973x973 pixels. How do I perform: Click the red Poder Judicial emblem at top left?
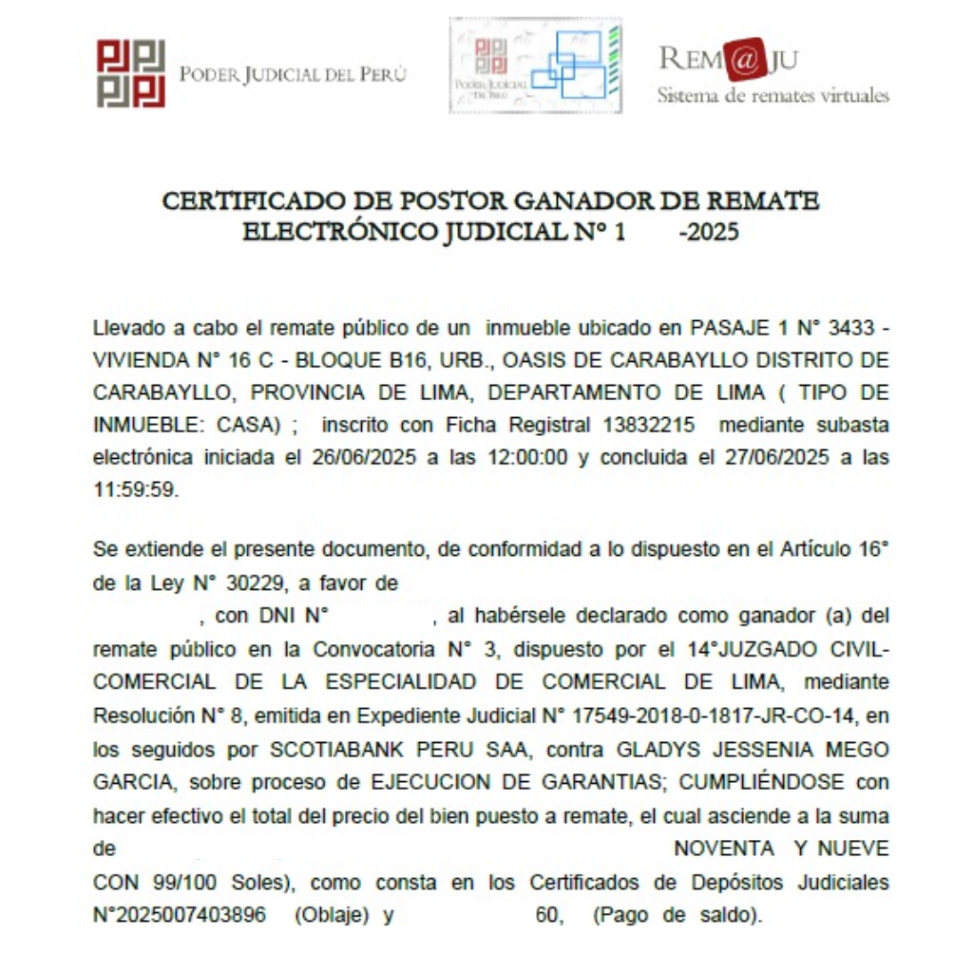tap(131, 73)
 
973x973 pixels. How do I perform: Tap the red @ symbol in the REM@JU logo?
tap(746, 60)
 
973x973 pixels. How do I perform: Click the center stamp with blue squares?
tap(536, 66)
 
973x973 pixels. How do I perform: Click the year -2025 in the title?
tap(709, 232)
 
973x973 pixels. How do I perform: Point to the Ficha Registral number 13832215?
tap(642, 424)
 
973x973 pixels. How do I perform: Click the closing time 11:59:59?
tap(136, 488)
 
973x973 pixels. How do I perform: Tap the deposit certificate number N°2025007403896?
tap(180, 916)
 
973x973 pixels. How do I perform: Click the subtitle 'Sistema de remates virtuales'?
tap(773, 96)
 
